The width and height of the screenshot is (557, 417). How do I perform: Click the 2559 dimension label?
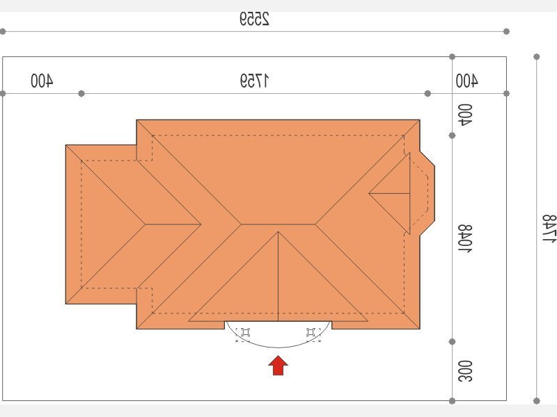254,19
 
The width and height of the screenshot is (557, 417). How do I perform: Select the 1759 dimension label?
254,81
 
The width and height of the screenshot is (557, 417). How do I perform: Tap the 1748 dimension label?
549,228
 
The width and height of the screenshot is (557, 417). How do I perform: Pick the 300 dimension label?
465,371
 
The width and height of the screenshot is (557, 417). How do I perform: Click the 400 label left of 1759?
42,81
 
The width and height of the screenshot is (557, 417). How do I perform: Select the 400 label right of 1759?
466,81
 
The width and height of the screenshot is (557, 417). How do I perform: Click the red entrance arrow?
278,366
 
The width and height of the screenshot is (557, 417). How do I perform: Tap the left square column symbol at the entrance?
246,333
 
